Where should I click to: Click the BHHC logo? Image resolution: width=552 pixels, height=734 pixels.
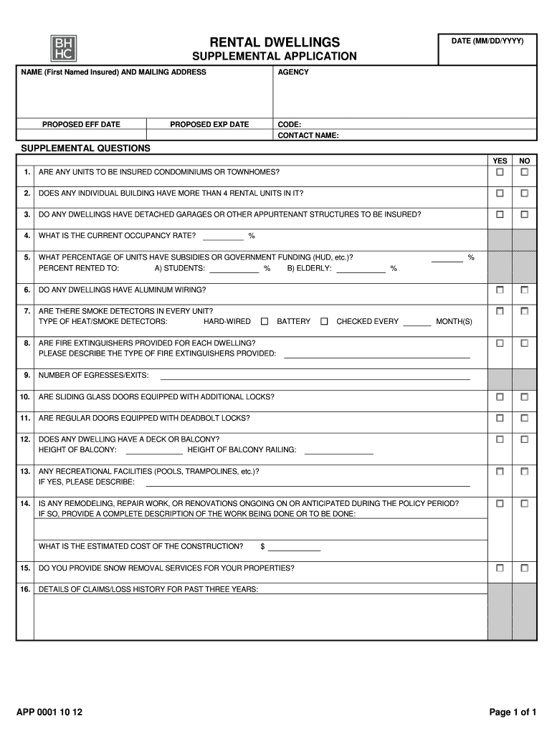click(63, 48)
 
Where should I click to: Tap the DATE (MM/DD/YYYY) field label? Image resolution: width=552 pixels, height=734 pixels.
click(487, 42)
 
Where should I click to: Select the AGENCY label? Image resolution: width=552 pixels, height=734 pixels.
click(293, 72)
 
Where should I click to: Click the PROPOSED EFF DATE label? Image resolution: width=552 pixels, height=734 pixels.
click(81, 125)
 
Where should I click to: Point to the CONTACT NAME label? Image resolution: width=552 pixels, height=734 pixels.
click(308, 135)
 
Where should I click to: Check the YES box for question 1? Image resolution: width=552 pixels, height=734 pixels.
click(500, 173)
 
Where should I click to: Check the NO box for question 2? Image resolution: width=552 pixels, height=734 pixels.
click(525, 194)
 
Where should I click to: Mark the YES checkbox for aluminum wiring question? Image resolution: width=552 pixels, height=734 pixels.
click(500, 290)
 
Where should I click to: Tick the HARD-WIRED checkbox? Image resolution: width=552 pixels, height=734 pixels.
click(265, 322)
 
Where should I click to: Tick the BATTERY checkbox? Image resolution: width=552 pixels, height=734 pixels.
click(324, 322)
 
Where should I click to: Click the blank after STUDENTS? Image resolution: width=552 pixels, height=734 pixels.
click(234, 270)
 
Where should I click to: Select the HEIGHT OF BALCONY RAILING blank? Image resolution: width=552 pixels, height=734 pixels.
click(339, 451)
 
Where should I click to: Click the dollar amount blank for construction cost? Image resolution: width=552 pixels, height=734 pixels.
click(294, 548)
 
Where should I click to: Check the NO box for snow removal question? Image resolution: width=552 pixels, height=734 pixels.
click(525, 568)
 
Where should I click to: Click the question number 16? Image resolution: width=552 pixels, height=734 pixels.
click(25, 589)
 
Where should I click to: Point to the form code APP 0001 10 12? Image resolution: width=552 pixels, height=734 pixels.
click(49, 712)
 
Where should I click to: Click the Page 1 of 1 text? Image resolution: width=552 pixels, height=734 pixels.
click(513, 712)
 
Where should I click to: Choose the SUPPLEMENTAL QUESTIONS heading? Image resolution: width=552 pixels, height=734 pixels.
click(85, 148)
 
